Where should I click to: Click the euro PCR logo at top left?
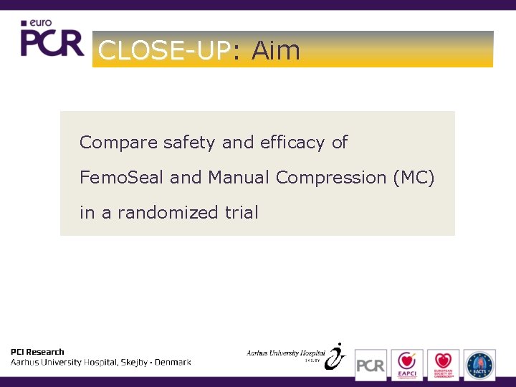52,39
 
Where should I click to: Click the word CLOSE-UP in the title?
164,50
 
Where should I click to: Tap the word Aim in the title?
275,50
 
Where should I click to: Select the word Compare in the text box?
118,143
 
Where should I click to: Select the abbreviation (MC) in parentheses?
414,178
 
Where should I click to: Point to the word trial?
240,212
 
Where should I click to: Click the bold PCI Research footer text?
37,352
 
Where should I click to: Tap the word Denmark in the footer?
173,363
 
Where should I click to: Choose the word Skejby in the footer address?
133,363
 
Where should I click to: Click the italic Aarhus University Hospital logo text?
285,353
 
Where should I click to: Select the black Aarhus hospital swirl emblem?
335,356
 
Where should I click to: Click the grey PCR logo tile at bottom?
371,365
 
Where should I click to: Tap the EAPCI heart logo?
406,365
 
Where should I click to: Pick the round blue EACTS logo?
479,365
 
